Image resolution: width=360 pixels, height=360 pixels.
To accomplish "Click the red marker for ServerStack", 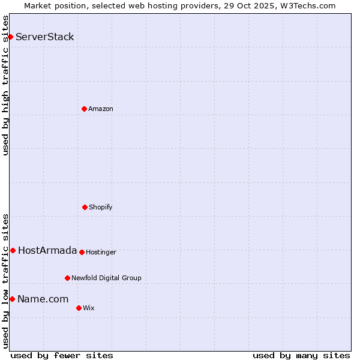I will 10,37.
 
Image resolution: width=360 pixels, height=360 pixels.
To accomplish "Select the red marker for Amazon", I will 84,109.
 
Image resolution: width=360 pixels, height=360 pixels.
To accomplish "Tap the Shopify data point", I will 85,207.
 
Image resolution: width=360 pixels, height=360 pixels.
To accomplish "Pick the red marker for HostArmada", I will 13,250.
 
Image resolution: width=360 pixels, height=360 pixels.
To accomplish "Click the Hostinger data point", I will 82,252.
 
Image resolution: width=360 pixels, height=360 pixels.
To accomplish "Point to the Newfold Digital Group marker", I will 67,278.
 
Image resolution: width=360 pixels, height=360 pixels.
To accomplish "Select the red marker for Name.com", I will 12,299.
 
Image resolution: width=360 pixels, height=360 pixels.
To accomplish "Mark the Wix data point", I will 79,308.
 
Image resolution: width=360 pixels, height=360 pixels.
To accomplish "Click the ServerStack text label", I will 45,37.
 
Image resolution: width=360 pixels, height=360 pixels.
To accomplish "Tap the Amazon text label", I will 101,109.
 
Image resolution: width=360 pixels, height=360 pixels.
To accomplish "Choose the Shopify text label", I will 101,207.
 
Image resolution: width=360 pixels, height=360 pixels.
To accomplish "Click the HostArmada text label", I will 47,250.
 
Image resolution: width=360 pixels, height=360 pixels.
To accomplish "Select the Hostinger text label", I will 101,252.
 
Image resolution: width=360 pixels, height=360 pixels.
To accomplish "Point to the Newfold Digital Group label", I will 106,278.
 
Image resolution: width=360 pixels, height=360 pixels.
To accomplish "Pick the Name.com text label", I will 43,299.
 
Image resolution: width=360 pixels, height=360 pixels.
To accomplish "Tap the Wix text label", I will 89,308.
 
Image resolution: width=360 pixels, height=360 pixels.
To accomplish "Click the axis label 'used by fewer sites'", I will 62,355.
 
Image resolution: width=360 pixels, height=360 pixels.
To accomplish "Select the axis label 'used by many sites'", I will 301,355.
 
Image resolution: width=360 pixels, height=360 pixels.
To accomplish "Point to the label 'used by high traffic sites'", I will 5,85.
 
